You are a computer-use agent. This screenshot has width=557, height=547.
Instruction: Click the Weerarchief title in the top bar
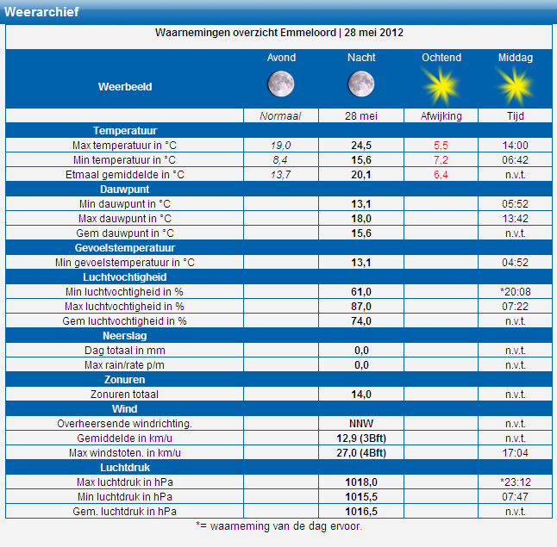(41, 12)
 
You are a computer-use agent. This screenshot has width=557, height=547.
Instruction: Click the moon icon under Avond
(280, 84)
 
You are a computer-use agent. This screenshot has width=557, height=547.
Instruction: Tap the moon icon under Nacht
(361, 84)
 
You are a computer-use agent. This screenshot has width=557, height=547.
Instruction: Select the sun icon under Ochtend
(441, 86)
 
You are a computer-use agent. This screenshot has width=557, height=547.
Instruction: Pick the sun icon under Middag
(515, 86)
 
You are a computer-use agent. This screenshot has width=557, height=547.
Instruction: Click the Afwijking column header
(441, 116)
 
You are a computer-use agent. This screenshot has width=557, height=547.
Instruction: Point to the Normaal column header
(280, 116)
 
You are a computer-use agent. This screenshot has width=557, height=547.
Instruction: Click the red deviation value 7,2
(441, 160)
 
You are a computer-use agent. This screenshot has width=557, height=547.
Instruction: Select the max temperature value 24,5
(361, 146)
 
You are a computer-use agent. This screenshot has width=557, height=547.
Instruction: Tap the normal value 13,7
(280, 175)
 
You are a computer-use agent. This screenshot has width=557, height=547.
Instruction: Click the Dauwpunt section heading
(125, 190)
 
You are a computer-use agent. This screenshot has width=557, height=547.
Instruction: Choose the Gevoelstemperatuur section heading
(125, 248)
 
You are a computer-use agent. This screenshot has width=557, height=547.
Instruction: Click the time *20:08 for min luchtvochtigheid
(515, 292)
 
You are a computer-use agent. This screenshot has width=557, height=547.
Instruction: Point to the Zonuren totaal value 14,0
(361, 395)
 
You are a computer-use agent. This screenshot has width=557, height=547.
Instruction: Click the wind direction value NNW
(361, 424)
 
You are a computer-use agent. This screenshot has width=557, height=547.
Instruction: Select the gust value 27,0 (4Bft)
(361, 453)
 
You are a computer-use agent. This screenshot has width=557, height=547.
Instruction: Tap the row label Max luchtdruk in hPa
(125, 482)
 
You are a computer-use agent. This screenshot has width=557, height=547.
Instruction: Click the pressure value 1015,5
(361, 496)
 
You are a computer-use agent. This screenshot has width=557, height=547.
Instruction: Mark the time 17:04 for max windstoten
(515, 453)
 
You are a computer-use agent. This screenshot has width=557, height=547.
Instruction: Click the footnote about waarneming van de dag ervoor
(278, 526)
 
